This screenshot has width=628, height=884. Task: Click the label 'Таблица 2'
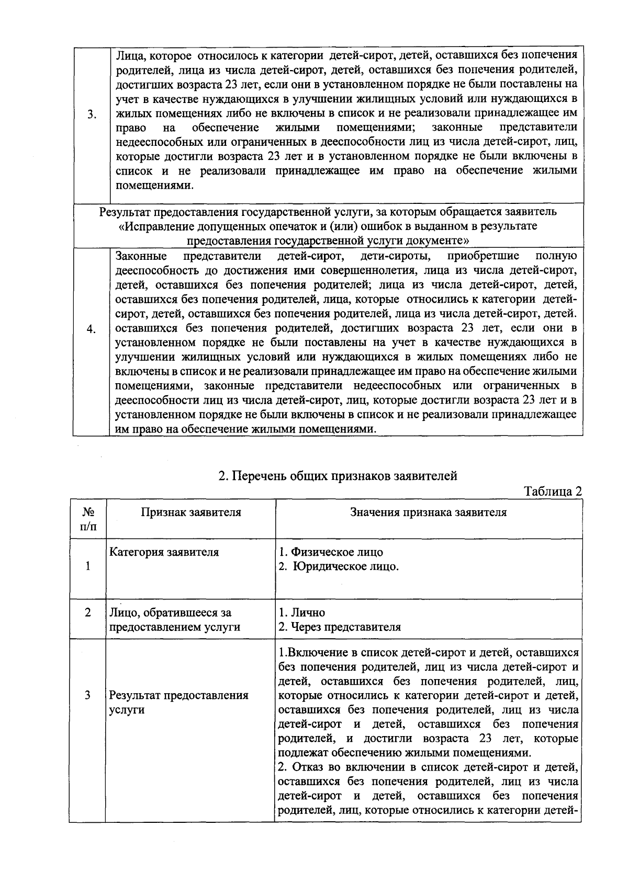click(553, 491)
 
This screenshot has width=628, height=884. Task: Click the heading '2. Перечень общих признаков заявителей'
click(338, 476)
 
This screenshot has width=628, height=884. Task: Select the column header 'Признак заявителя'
click(191, 512)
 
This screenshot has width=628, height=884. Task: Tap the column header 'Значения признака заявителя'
click(428, 512)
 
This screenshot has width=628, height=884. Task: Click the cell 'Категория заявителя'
click(164, 552)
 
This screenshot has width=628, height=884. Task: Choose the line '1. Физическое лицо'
click(331, 552)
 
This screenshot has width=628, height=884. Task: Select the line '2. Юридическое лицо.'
click(339, 567)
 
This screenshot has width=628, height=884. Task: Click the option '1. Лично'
click(302, 613)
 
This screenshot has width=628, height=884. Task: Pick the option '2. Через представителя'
click(340, 627)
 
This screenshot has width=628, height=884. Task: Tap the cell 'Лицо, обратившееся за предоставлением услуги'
click(174, 620)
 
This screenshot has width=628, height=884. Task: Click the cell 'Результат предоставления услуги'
click(178, 703)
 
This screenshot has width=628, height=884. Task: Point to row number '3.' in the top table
click(92, 115)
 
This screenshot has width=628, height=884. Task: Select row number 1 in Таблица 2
click(88, 566)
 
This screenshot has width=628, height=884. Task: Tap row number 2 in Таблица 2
click(88, 612)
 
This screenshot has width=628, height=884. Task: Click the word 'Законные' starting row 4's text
click(141, 256)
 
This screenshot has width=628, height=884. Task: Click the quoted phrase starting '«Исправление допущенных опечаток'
click(328, 226)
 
